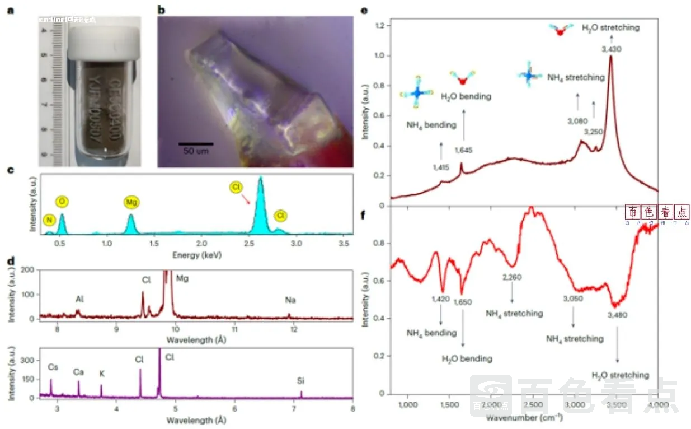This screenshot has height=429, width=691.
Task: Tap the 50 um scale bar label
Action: pyautogui.click(x=196, y=151)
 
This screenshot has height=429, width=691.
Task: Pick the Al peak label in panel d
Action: pyautogui.click(x=81, y=300)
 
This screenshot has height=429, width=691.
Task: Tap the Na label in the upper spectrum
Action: pyautogui.click(x=290, y=300)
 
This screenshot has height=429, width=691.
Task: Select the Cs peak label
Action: pyautogui.click(x=53, y=367)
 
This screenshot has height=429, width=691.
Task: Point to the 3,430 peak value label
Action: pyautogui.click(x=611, y=49)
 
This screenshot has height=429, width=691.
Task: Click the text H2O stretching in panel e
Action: pyautogui.click(x=610, y=27)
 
